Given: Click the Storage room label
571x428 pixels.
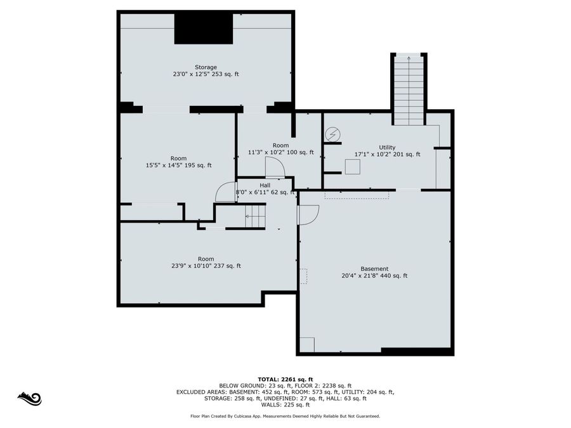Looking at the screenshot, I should point(206,67).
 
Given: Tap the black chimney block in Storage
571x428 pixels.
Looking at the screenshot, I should point(204,29).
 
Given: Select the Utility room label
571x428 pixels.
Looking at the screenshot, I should point(387,147).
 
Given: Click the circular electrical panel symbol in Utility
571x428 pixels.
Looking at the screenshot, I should point(332,134).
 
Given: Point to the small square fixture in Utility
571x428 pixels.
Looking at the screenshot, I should point(353,166).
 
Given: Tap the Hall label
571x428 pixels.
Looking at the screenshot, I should point(265,185).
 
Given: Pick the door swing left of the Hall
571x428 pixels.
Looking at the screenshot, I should point(226,192).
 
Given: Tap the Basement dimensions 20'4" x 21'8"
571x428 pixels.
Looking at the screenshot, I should point(374,276).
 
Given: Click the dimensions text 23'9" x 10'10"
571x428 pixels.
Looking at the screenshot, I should point(206,266).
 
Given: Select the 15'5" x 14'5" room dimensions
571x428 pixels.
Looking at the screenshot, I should point(178,165).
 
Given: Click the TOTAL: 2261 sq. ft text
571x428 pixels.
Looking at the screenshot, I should point(285,379).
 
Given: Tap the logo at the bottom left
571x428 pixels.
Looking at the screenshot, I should point(30,398).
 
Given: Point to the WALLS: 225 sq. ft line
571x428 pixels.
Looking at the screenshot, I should point(285,405).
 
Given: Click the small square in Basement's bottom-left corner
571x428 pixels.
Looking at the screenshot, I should point(307,344).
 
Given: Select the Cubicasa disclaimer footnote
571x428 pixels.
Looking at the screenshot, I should point(285,417).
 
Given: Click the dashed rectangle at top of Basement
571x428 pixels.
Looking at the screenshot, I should point(357,195).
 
